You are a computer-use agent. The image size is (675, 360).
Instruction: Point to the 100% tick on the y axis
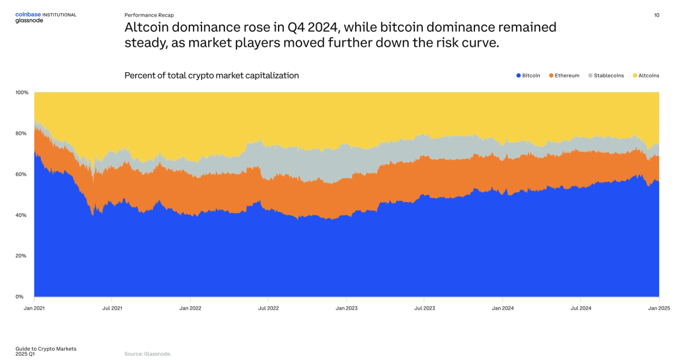tap(22, 93)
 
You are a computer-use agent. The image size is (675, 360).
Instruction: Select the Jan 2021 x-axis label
tap(35, 308)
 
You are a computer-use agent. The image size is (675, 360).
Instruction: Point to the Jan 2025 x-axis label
tap(659, 308)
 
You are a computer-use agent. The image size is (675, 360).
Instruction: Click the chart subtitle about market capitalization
tap(212, 75)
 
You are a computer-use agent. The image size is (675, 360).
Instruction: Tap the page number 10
tap(656, 15)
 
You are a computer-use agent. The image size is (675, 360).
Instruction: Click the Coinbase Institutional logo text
tap(46, 14)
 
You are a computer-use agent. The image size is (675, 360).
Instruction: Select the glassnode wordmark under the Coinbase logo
tap(29, 20)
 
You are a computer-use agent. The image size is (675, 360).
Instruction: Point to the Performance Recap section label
tap(149, 15)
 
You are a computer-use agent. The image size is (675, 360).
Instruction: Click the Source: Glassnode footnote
tap(148, 354)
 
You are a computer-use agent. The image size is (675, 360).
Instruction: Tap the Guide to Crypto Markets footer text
tap(46, 348)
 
